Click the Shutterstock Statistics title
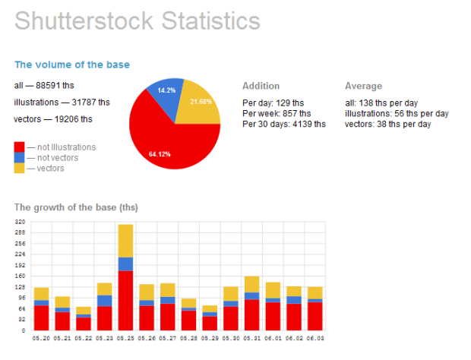(138, 21)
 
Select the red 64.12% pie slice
(167, 141)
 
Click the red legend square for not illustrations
(19, 147)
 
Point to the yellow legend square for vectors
(19, 167)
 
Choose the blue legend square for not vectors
(19, 157)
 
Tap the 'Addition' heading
(261, 86)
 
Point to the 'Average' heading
(363, 86)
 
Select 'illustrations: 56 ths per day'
(397, 113)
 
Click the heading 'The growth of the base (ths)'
(76, 207)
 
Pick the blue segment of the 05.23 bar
(104, 301)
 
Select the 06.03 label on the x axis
(314, 338)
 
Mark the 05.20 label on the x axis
(41, 338)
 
